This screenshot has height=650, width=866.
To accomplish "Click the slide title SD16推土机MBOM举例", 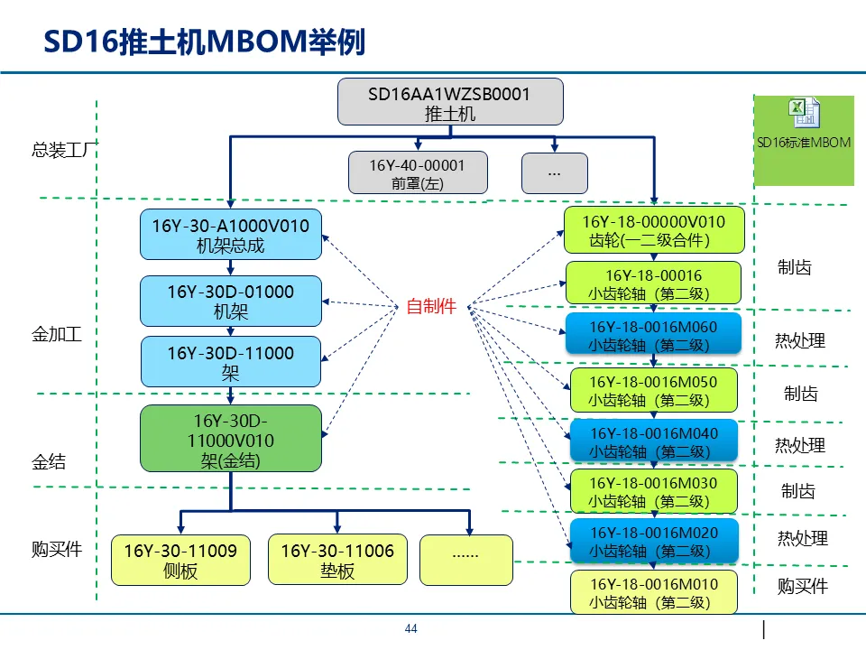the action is click(205, 42).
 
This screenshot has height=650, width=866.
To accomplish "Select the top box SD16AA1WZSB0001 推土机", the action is click(450, 102).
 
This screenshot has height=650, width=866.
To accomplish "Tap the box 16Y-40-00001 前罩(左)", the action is click(418, 173).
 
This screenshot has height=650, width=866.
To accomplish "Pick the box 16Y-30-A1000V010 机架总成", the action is click(231, 235).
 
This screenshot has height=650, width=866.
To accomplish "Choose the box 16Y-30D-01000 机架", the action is click(231, 302).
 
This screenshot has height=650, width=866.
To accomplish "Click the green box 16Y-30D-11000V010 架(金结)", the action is click(231, 439).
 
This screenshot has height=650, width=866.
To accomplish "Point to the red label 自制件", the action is click(431, 306).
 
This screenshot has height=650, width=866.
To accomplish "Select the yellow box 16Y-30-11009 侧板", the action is click(180, 560).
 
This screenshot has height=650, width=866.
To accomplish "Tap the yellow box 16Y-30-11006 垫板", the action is click(337, 560).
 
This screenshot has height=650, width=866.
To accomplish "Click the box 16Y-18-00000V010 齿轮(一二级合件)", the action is click(654, 230).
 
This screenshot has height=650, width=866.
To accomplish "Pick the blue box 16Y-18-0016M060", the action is click(653, 334).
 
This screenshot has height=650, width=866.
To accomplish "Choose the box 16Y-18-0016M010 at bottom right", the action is click(654, 592).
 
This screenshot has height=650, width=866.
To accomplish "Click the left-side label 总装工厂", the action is click(64, 150).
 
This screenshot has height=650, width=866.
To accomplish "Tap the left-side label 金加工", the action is click(57, 334).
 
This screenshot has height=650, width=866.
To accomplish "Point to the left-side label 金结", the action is click(49, 461).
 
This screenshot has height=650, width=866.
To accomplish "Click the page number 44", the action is click(411, 628).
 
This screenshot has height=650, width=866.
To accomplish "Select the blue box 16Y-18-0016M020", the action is click(654, 541).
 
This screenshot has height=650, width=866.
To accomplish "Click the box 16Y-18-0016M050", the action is click(654, 390).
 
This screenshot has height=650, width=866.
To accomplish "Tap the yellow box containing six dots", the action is click(466, 560).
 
